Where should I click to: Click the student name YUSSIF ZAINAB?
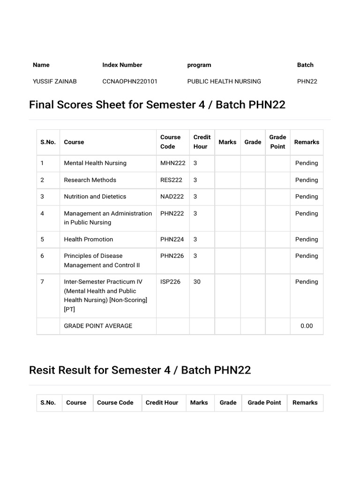coord(54,81)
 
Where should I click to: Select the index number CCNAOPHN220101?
coord(130,81)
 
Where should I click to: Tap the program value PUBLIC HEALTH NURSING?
coord(224,81)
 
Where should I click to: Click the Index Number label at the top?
coord(122,65)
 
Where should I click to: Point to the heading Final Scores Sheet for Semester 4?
coord(157,105)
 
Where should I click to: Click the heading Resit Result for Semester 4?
coord(140,370)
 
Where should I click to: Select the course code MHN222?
coord(172,163)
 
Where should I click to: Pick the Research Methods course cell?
coord(90,180)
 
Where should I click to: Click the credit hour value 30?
coord(197,282)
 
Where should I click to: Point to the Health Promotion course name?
coord(88,239)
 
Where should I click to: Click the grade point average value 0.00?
coord(307,326)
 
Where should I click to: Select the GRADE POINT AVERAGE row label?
coord(98,326)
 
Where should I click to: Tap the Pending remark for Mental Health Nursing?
coord(307,163)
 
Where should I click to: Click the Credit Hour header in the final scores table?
coord(202,142)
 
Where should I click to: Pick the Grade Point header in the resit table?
coord(264,402)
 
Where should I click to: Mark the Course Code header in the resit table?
coord(115,402)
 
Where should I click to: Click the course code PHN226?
coord(172,256)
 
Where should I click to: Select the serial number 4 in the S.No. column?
coord(42,213)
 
